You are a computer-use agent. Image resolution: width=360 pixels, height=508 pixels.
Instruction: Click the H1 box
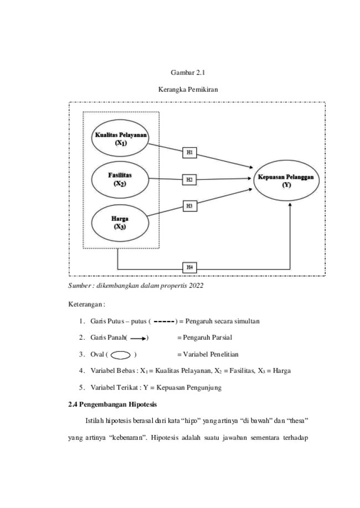189,152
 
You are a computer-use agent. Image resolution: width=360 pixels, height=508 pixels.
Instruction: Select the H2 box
189,179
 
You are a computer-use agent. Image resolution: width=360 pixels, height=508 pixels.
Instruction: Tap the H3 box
189,206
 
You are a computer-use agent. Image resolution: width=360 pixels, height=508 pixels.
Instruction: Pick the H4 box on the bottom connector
189,268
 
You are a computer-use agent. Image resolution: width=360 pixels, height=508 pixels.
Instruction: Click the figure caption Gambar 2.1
188,72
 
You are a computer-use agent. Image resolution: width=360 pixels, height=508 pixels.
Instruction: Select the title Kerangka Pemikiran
188,90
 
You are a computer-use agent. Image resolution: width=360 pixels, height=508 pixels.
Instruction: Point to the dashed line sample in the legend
164,322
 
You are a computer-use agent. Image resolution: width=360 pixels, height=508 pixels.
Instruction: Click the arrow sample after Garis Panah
139,339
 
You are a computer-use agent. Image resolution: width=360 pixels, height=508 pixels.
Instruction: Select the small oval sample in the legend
121,355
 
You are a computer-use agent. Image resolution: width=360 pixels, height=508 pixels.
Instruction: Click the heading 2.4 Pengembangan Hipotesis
112,405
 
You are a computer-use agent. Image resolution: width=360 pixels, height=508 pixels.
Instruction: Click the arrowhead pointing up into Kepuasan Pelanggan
290,204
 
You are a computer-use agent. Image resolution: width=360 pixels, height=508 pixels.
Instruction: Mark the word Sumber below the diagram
79,286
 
